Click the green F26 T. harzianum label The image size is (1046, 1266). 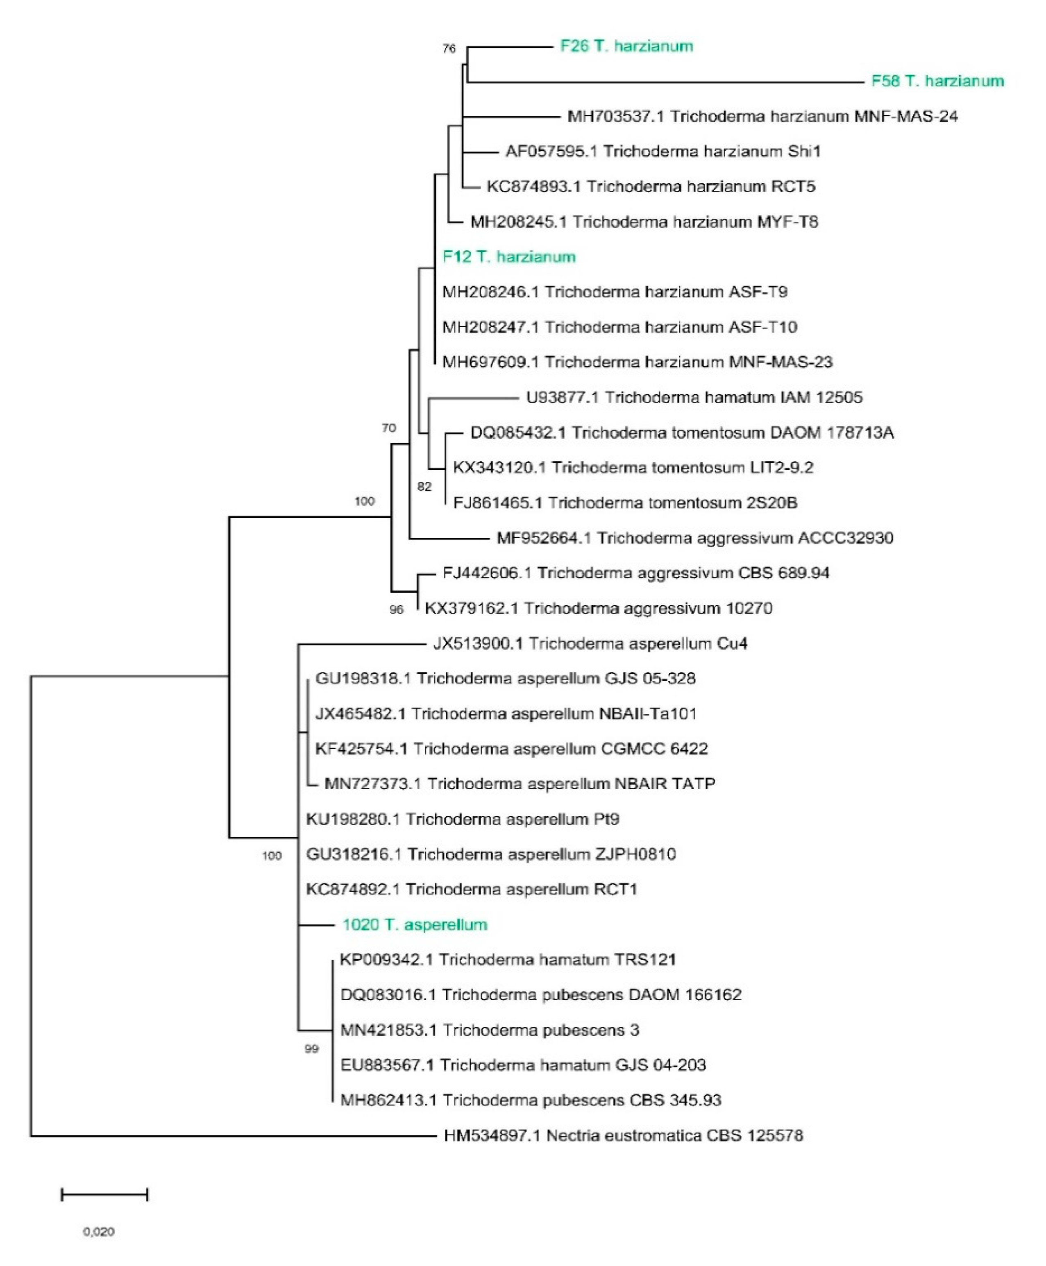point(626,46)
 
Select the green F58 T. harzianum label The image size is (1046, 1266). point(937,82)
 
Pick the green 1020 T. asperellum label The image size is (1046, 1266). point(415,924)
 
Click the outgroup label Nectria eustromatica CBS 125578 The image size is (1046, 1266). point(623,1135)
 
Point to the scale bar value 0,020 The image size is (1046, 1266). point(99,1232)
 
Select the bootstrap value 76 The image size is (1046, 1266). point(449,49)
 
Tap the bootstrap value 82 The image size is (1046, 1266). point(424,487)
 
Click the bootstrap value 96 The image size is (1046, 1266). point(396,609)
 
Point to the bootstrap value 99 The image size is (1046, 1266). point(311,1049)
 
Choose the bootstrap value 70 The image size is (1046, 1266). point(389,428)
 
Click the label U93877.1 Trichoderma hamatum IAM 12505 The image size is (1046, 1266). point(694,398)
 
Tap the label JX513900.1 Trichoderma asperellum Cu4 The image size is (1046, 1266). point(590,644)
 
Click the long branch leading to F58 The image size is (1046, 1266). point(663,82)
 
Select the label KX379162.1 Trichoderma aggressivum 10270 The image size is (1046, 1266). point(598,608)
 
